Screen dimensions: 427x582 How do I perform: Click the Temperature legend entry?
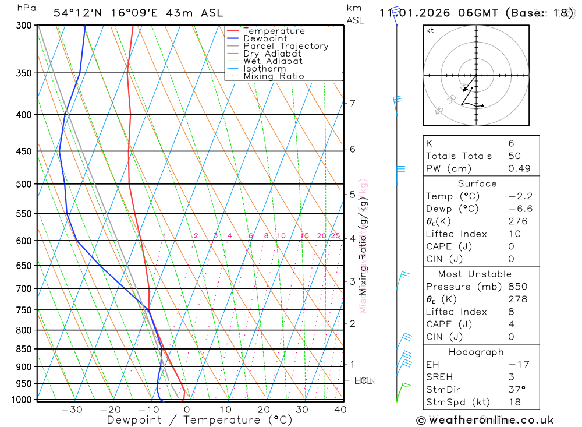point(274,31)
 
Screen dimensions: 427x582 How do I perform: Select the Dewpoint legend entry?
point(265,38)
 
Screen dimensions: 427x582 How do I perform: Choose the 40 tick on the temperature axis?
point(340,410)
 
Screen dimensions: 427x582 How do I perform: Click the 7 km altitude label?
point(352,103)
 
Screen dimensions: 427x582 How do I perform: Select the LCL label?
point(363,380)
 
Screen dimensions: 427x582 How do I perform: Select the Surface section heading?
point(477,183)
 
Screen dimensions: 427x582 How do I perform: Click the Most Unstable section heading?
point(475,274)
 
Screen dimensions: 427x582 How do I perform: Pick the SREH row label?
point(439,376)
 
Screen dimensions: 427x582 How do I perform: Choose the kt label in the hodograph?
point(430,30)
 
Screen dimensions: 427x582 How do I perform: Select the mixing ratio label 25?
point(335,235)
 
